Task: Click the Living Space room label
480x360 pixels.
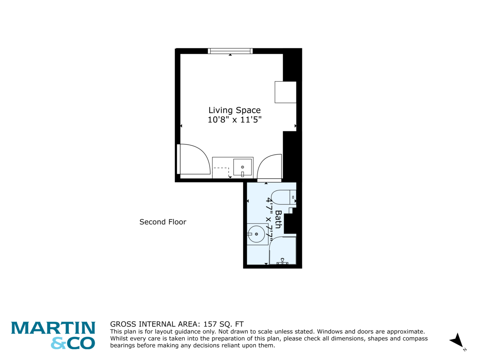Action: coord(234,110)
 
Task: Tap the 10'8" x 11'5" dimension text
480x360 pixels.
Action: coord(234,120)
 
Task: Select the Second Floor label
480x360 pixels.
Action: coord(163,222)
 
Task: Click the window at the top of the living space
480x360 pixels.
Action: coord(230,51)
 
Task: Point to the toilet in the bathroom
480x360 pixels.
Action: coord(284,197)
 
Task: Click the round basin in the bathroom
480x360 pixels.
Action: coord(256,234)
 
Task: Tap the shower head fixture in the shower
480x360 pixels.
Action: coord(282,261)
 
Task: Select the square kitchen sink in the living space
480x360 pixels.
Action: coord(242,167)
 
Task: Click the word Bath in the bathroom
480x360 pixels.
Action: coord(278,219)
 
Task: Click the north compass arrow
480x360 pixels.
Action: coord(457,340)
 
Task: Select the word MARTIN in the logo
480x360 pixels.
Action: coord(53,328)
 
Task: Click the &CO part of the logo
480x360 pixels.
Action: coord(73,343)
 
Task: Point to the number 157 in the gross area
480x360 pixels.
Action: coord(210,324)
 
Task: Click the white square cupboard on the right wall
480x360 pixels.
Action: coord(285,92)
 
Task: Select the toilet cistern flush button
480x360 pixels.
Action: coord(293,197)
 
